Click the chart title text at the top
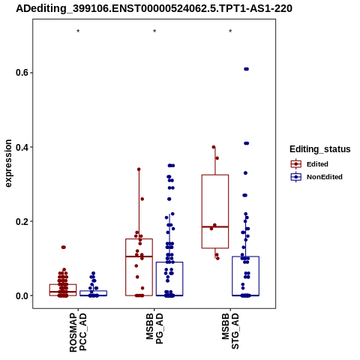[154, 8]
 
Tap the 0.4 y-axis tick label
[21, 147]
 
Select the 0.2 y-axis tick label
[21, 221]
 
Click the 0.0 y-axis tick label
[21, 295]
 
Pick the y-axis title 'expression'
[8, 163]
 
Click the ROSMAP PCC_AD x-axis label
[78, 332]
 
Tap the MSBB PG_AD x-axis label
[154, 328]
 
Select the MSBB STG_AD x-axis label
[230, 331]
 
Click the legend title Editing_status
[320, 149]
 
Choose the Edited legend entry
[310, 164]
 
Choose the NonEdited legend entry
[316, 177]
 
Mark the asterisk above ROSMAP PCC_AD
[78, 31]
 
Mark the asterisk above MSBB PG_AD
[154, 31]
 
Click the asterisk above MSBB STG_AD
[230, 31]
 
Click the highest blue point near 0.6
[246, 69]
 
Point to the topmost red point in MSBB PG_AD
[139, 169]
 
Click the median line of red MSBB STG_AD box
[215, 226]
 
